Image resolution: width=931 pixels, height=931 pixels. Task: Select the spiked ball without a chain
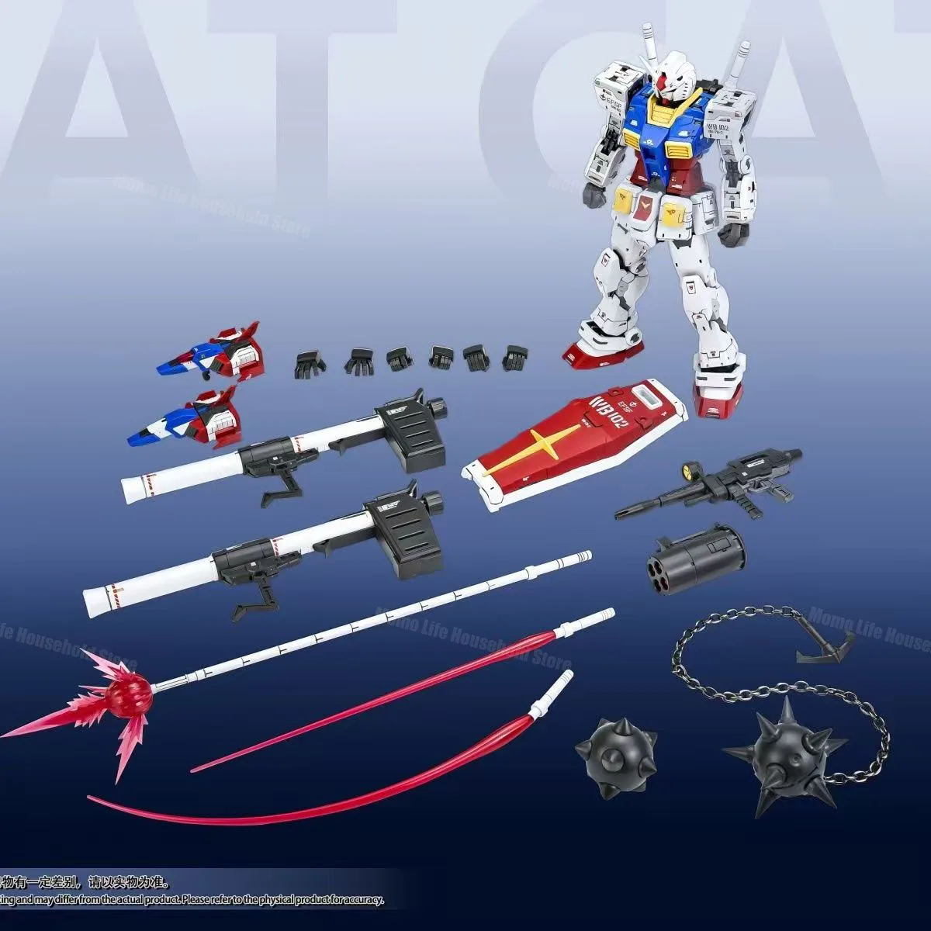pyautogui.click(x=616, y=748)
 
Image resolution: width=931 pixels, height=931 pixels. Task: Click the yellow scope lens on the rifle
pyautogui.click(x=687, y=469)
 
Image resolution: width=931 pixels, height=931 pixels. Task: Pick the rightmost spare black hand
pyautogui.click(x=514, y=358)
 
